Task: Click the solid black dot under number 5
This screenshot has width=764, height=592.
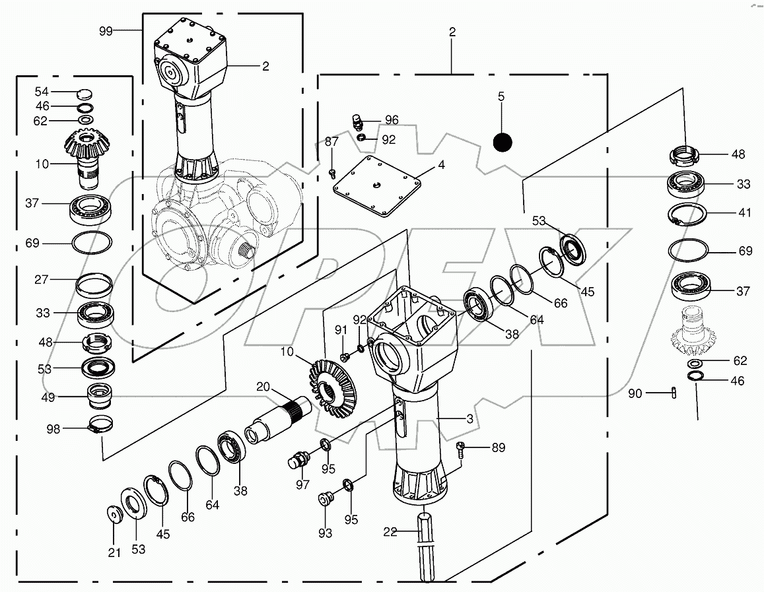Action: [x=503, y=141]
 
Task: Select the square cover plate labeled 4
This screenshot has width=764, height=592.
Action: [x=378, y=187]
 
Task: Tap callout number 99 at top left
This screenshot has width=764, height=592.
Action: [x=105, y=31]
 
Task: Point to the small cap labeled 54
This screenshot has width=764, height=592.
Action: [x=85, y=92]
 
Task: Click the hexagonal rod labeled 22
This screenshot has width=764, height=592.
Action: [x=425, y=546]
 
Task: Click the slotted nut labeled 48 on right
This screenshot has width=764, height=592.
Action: [x=685, y=156]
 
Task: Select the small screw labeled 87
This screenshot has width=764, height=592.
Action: [x=333, y=173]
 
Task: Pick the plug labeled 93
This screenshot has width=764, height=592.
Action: [x=324, y=498]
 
